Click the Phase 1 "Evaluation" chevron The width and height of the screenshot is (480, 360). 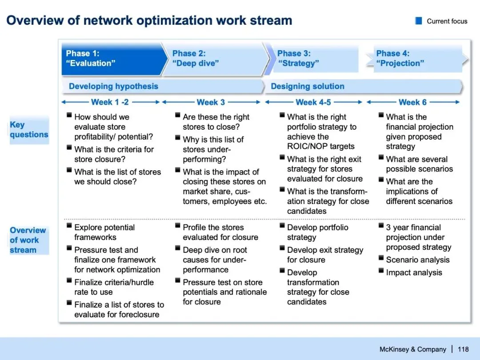point(111,58)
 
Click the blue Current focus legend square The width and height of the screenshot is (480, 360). point(418,21)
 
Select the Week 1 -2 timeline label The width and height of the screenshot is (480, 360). point(110,102)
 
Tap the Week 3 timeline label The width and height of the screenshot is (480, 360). point(211,102)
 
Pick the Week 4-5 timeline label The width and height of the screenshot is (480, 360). point(313,102)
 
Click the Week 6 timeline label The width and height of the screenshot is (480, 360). point(412,102)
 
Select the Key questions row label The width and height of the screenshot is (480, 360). point(29,130)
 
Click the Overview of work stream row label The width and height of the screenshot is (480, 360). point(28,240)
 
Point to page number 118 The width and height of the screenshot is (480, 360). point(463,349)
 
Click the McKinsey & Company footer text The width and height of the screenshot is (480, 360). point(412,349)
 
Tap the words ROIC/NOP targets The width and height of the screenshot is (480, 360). point(321,146)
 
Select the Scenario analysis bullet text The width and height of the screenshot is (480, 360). point(418,260)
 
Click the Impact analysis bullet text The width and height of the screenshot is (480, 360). point(414,273)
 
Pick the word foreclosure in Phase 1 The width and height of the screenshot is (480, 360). point(138,315)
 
